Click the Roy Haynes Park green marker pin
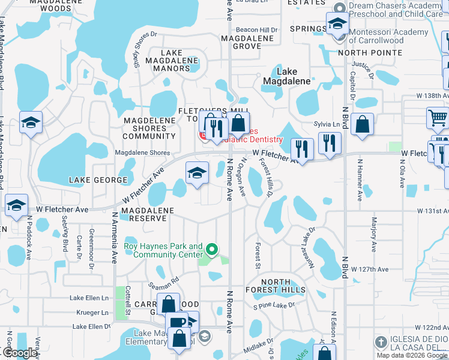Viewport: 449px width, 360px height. point(211,248)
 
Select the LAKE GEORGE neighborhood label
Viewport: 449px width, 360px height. point(98,180)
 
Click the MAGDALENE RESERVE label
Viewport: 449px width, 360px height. point(147,214)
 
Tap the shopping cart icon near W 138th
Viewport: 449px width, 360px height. point(438,118)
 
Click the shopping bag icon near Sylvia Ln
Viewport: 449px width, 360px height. point(363,125)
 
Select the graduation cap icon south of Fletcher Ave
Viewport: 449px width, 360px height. point(197,173)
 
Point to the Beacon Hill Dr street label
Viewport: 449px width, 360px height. point(256,29)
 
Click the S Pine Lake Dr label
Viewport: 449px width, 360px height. point(274,305)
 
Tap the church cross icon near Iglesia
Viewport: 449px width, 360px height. point(379,342)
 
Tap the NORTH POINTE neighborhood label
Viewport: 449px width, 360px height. point(370,53)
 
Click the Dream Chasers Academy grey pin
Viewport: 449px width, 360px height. point(340,8)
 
